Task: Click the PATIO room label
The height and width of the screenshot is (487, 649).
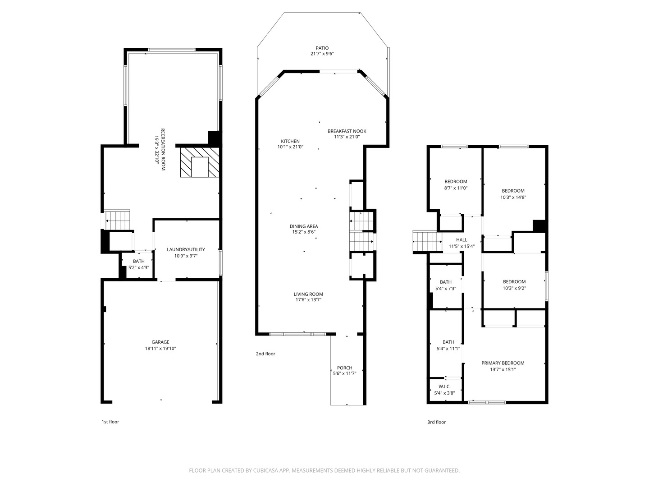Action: coord(322,48)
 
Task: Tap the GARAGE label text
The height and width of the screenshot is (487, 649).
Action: coord(160,342)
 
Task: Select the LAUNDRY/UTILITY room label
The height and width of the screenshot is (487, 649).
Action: coord(186,249)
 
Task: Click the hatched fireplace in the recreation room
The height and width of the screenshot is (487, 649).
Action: coord(200,162)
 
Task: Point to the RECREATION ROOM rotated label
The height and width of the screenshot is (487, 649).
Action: coord(163,149)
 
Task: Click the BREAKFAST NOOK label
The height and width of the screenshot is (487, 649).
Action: coord(347,131)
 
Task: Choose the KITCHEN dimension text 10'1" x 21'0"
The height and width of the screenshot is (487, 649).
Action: coord(290,147)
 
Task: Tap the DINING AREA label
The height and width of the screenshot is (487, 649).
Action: coord(304,226)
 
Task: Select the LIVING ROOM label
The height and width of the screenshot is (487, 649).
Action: coord(308,294)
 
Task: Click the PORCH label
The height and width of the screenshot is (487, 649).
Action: coord(344,368)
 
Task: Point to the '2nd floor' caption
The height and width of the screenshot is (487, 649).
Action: coord(265,354)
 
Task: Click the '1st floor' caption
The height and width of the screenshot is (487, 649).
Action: coord(110,422)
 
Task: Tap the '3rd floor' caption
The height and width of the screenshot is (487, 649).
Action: coord(436,422)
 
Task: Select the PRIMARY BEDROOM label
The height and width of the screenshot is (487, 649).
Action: coord(503,363)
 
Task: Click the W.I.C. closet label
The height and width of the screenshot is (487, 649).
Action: coord(444,387)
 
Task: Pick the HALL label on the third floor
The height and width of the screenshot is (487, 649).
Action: coord(462,240)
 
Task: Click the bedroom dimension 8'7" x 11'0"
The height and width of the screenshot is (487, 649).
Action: coord(456,188)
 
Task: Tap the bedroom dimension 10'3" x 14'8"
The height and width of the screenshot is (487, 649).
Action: coord(513,197)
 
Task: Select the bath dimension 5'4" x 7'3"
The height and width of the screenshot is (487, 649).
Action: coord(446,288)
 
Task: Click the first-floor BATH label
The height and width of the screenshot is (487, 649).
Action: coord(139,261)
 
